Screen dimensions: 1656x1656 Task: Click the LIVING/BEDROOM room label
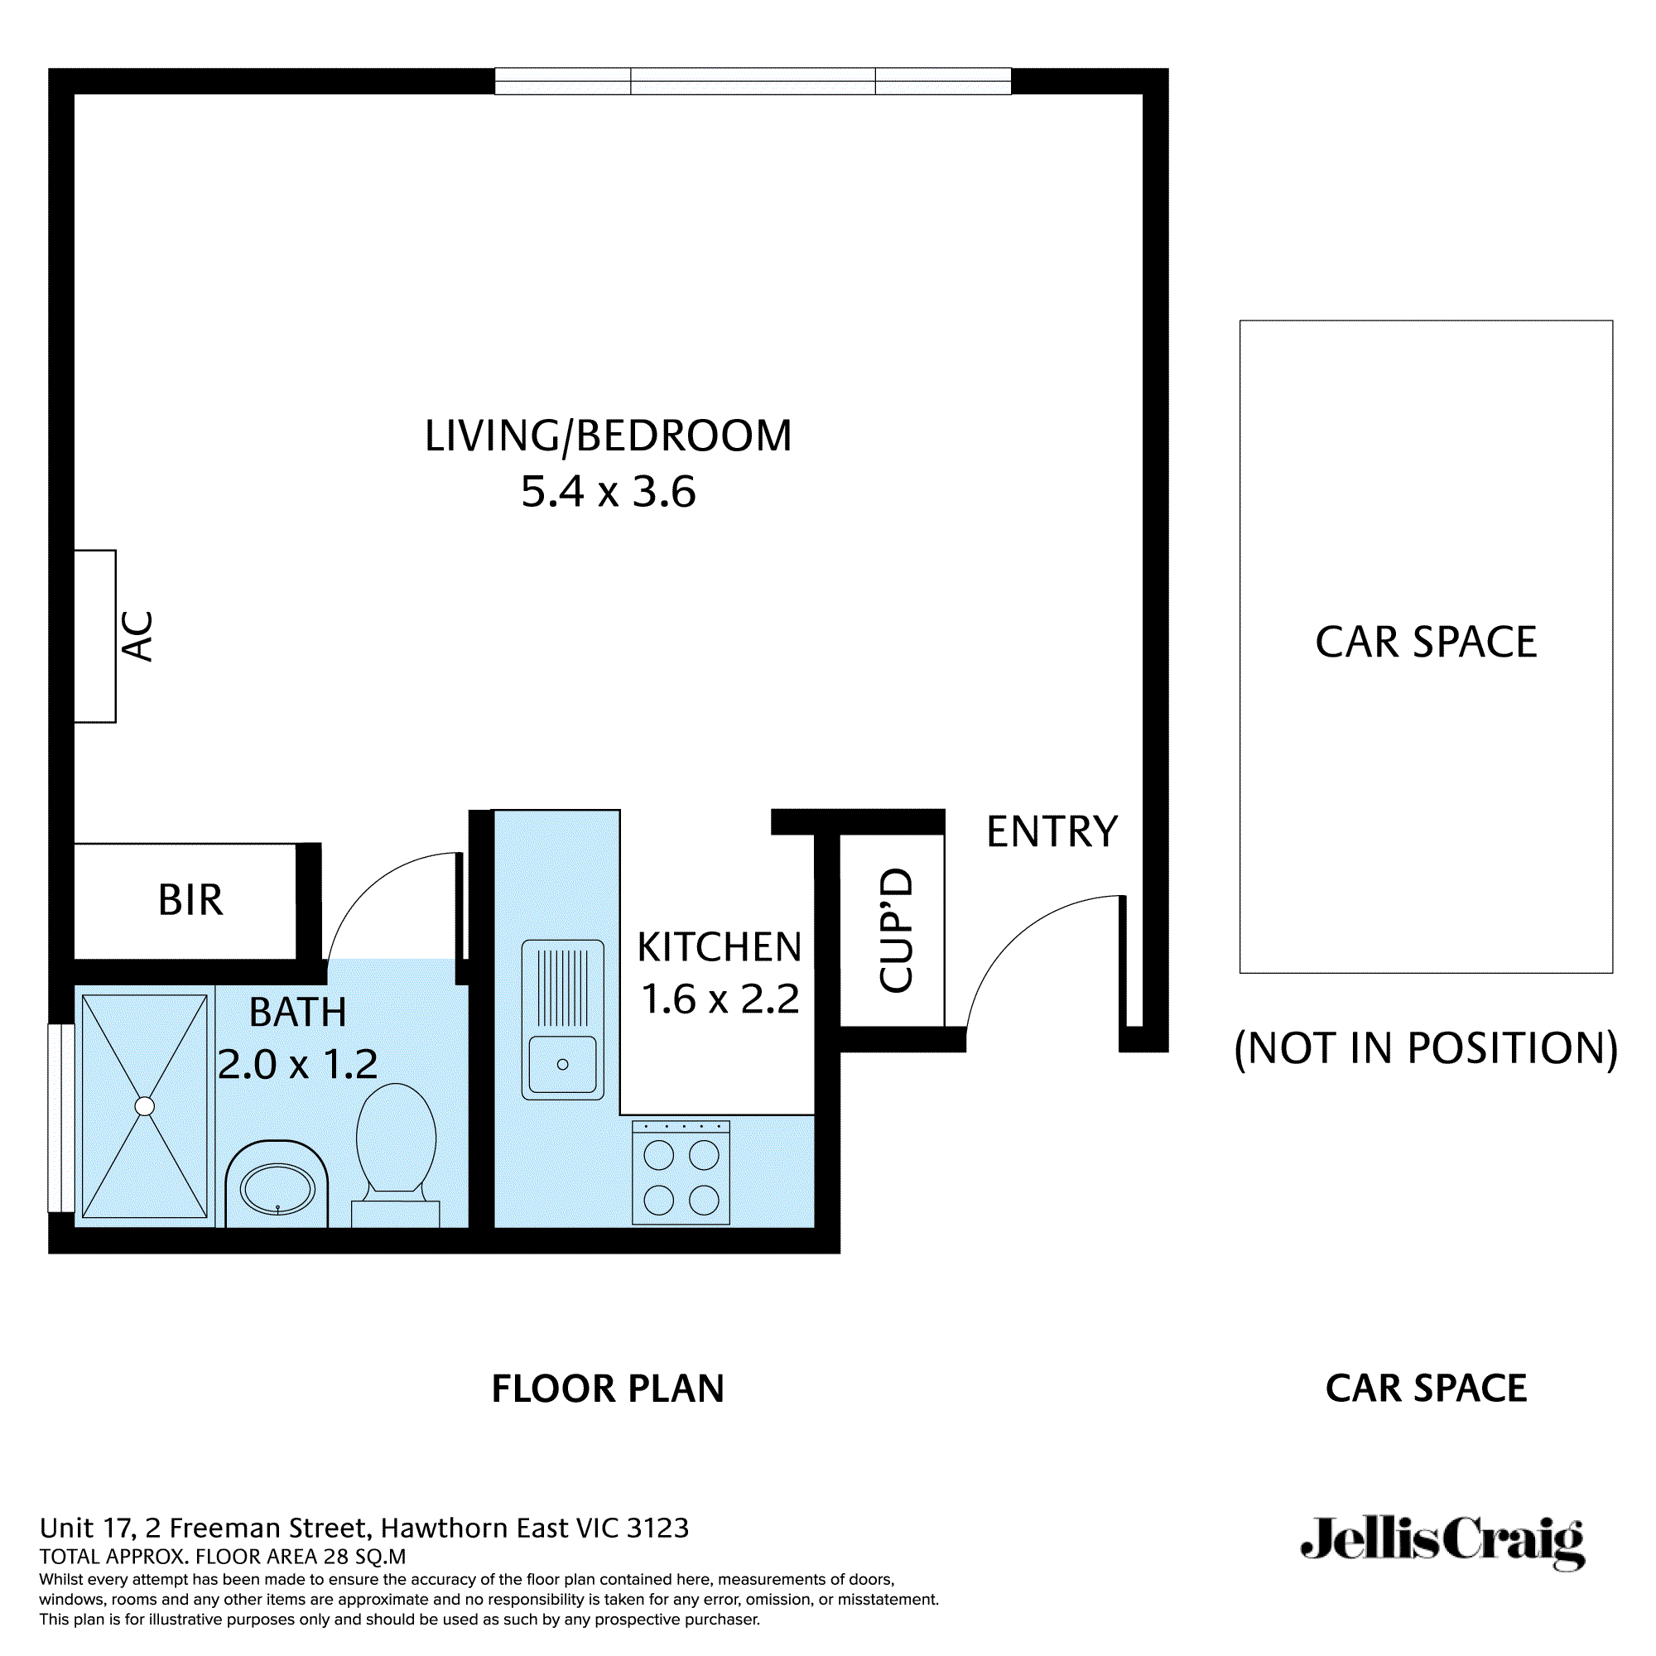point(608,436)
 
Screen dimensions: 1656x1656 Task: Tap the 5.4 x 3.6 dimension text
point(608,492)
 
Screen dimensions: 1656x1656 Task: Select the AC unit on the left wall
point(95,636)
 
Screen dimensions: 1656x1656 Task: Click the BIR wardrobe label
point(190,901)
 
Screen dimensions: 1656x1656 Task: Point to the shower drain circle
point(145,1106)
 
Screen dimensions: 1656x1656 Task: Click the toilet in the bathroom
point(396,1144)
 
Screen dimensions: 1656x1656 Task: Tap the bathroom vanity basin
point(277,1190)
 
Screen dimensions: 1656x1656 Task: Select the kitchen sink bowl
point(562,1065)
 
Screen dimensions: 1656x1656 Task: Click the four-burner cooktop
point(681,1173)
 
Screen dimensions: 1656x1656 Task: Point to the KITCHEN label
point(720,948)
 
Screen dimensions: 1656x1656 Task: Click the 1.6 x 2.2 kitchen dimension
point(720,999)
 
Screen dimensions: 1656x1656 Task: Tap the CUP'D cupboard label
point(897,931)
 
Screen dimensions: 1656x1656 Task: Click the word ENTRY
point(1052,832)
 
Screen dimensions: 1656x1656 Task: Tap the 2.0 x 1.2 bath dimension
point(297,1065)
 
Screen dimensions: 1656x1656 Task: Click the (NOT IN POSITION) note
point(1426,1048)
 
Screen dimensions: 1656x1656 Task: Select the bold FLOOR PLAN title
point(608,1389)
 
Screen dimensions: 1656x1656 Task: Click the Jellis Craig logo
point(1442,1543)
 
